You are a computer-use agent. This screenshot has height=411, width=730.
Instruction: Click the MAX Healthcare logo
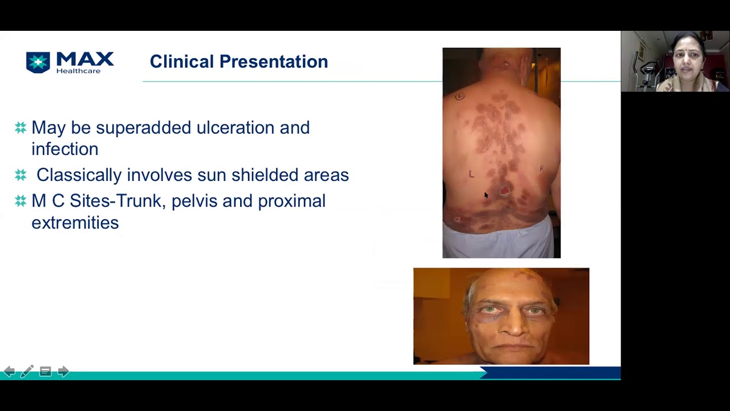(70, 62)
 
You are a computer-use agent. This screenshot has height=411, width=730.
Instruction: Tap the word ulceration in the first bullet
(236, 127)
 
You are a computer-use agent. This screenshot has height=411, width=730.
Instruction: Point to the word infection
(64, 149)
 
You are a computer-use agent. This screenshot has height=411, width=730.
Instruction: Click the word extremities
(75, 223)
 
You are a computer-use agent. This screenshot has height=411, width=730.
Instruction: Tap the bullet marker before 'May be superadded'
(21, 127)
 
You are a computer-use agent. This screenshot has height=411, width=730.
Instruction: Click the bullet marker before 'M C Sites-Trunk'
(21, 201)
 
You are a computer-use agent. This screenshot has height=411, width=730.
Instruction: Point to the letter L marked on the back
(471, 174)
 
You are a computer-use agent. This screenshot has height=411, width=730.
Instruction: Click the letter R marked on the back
(541, 168)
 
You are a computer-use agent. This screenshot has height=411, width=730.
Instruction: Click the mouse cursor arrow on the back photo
(486, 195)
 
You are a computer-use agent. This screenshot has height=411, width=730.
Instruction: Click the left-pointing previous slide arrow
(9, 372)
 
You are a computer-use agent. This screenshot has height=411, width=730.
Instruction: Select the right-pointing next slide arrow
(63, 372)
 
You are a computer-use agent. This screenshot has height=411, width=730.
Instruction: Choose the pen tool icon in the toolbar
(27, 372)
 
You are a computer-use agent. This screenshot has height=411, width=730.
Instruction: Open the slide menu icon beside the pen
(45, 372)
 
